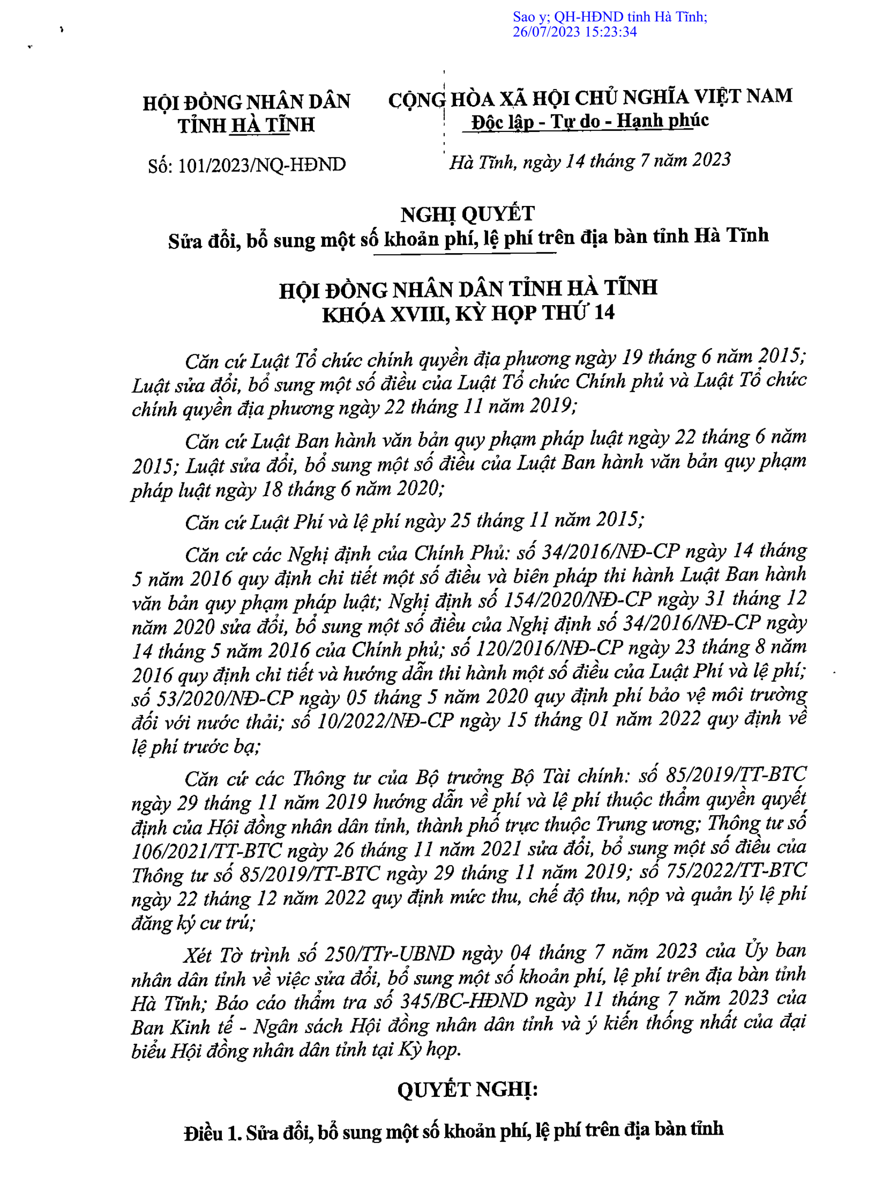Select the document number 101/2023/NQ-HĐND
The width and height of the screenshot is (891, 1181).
(262, 165)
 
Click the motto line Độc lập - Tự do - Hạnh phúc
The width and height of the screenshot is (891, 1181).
(589, 121)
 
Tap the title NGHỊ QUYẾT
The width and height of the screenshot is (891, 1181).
(467, 214)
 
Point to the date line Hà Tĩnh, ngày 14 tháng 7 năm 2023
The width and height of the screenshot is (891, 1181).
(589, 161)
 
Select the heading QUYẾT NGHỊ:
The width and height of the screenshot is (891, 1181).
(467, 1089)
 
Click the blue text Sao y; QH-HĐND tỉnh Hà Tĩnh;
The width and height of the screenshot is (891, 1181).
(610, 17)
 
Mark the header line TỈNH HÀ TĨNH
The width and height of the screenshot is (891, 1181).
(246, 126)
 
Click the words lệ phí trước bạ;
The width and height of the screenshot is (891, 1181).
(196, 746)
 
